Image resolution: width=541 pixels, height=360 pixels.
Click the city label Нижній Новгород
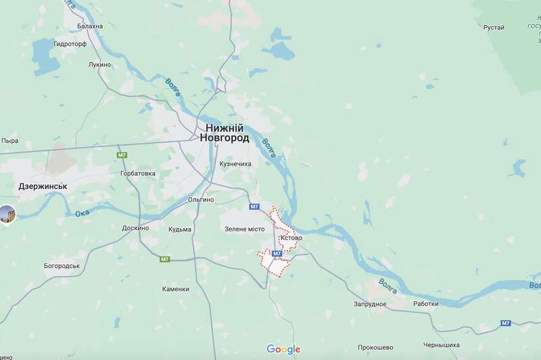pyautogui.click(x=224, y=132)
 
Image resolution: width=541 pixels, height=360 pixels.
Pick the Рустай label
pyautogui.click(x=494, y=27)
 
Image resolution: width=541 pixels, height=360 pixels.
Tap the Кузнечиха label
pyautogui.click(x=236, y=164)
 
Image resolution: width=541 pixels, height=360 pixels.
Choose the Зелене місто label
pyautogui.click(x=245, y=229)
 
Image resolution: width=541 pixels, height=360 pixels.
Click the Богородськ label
pyautogui.click(x=62, y=265)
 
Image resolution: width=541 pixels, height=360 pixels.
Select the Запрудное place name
pyautogui.click(x=369, y=304)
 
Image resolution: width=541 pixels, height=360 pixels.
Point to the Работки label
pyautogui.click(x=426, y=304)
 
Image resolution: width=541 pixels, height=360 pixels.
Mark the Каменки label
pyautogui.click(x=175, y=289)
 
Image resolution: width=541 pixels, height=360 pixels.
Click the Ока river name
pyautogui.click(x=83, y=213)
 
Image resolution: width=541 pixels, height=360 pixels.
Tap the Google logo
pyautogui.click(x=283, y=349)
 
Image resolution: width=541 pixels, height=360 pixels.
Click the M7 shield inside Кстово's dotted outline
pyautogui.click(x=277, y=254)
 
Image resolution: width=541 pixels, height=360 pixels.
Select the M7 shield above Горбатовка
pyautogui.click(x=122, y=156)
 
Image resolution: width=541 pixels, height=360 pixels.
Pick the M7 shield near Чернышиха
pyautogui.click(x=505, y=323)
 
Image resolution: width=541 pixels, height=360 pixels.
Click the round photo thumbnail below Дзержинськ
pyautogui.click(x=7, y=214)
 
